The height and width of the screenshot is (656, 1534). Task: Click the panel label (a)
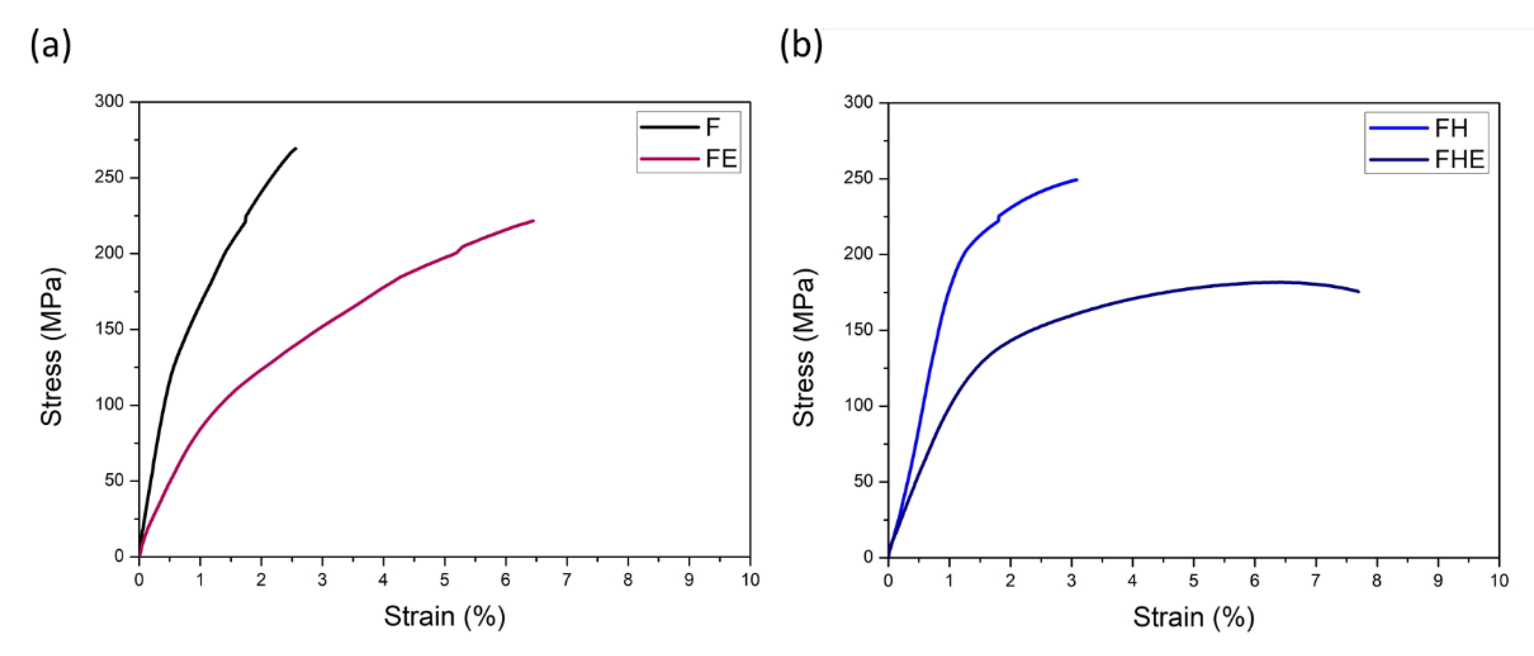point(50,46)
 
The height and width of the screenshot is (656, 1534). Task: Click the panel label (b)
point(801,46)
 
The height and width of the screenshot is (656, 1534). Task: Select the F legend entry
point(689,127)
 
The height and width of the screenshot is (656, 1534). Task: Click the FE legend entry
point(689,158)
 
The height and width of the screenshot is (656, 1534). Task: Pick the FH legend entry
point(1426,128)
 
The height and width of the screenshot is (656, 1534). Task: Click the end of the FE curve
point(534,221)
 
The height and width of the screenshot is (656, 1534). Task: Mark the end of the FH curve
point(1077,180)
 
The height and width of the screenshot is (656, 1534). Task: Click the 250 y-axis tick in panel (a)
point(109,177)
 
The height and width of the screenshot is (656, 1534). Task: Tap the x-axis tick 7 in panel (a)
point(566,580)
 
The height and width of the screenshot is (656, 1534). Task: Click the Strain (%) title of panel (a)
point(444,617)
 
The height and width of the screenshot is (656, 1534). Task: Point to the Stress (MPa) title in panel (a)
point(52,348)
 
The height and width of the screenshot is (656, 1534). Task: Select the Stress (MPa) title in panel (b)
point(804,348)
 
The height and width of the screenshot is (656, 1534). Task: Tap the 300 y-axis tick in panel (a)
point(109,102)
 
